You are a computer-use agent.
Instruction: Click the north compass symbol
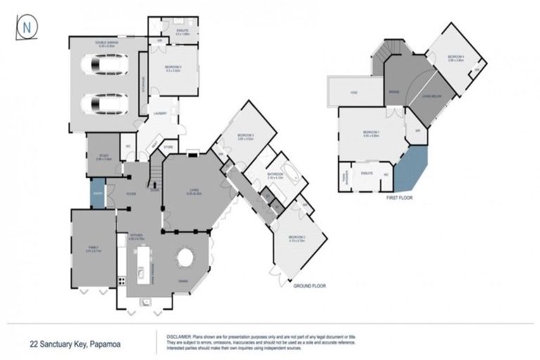(26, 26)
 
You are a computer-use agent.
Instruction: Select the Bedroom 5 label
(173, 68)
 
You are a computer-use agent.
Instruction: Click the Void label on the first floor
(354, 92)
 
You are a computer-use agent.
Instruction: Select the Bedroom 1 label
(371, 134)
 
